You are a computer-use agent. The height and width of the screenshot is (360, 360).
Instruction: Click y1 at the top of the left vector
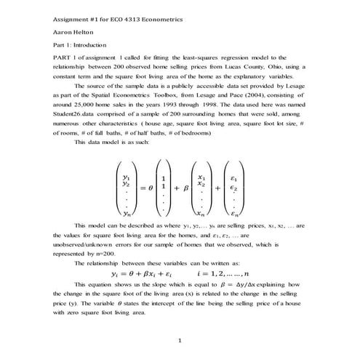pyautogui.click(x=127, y=177)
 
